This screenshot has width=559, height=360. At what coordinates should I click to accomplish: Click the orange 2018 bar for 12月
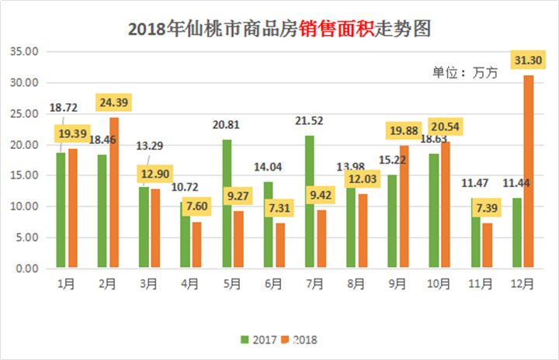pyautogui.click(x=529, y=171)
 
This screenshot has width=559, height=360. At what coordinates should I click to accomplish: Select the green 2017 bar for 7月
pyautogui.click(x=310, y=202)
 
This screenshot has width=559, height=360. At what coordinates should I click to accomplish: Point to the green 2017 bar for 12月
pyautogui.click(x=517, y=233)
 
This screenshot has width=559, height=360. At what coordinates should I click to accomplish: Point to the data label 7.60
pyautogui.click(x=197, y=207)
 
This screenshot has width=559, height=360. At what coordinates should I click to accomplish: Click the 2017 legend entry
pyautogui.click(x=261, y=340)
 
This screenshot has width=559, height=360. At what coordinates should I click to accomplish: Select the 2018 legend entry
pyautogui.click(x=299, y=340)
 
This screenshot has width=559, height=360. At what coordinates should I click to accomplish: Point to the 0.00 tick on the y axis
pyautogui.click(x=27, y=268)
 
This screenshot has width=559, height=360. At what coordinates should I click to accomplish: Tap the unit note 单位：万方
pyautogui.click(x=464, y=72)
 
